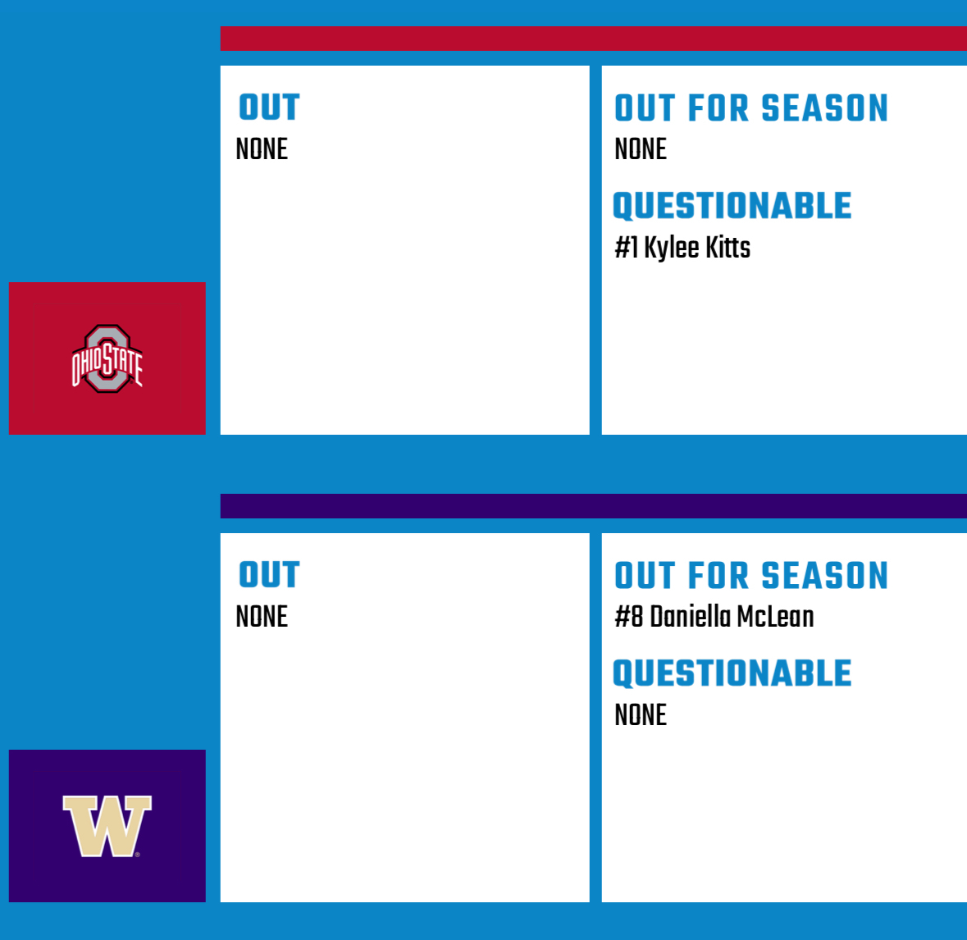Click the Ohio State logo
coord(107,358)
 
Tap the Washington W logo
coord(107,826)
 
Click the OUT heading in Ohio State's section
coord(269,107)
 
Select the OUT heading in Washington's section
coord(269,575)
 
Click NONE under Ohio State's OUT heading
coord(262,148)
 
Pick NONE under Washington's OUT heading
coord(262,616)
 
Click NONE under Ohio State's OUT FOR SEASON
coord(641,148)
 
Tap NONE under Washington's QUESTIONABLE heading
coord(641,715)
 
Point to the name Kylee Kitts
coord(697,248)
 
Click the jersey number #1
coord(626,248)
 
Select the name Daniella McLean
coord(732,616)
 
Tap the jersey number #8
coord(629,616)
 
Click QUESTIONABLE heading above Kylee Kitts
coord(732,206)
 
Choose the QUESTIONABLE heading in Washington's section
coord(732,673)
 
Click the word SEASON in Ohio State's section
coord(824,108)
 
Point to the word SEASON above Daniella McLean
coord(824,576)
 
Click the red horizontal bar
coord(593,39)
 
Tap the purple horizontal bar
coord(593,506)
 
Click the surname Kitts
coord(728,248)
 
